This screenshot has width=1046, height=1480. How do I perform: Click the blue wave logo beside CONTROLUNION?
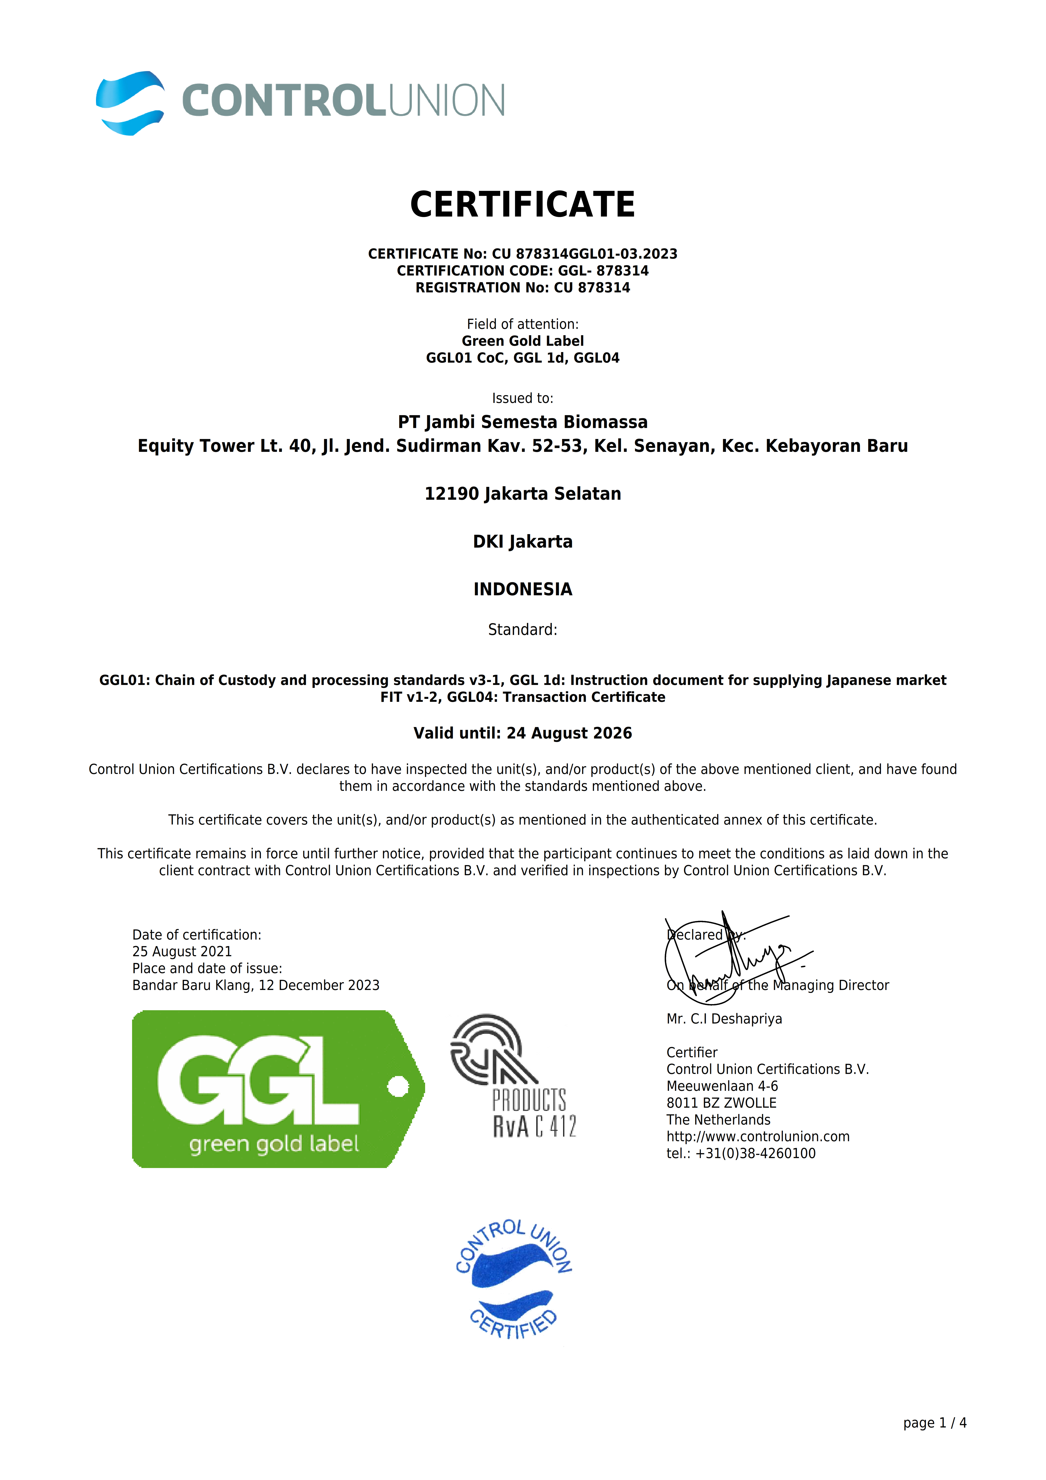click(130, 103)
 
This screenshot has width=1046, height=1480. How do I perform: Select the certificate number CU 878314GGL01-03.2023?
click(585, 254)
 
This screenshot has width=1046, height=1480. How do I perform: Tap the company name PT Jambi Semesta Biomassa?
click(523, 422)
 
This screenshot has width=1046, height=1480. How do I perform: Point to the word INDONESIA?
click(523, 589)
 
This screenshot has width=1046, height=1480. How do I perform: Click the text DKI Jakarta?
click(523, 541)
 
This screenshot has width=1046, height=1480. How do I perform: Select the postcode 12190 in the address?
click(451, 494)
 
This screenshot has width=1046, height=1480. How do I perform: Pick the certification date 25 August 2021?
click(182, 951)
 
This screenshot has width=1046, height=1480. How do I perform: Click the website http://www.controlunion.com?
click(758, 1136)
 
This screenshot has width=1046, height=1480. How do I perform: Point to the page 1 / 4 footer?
click(935, 1423)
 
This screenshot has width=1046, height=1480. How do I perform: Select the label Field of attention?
click(523, 324)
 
